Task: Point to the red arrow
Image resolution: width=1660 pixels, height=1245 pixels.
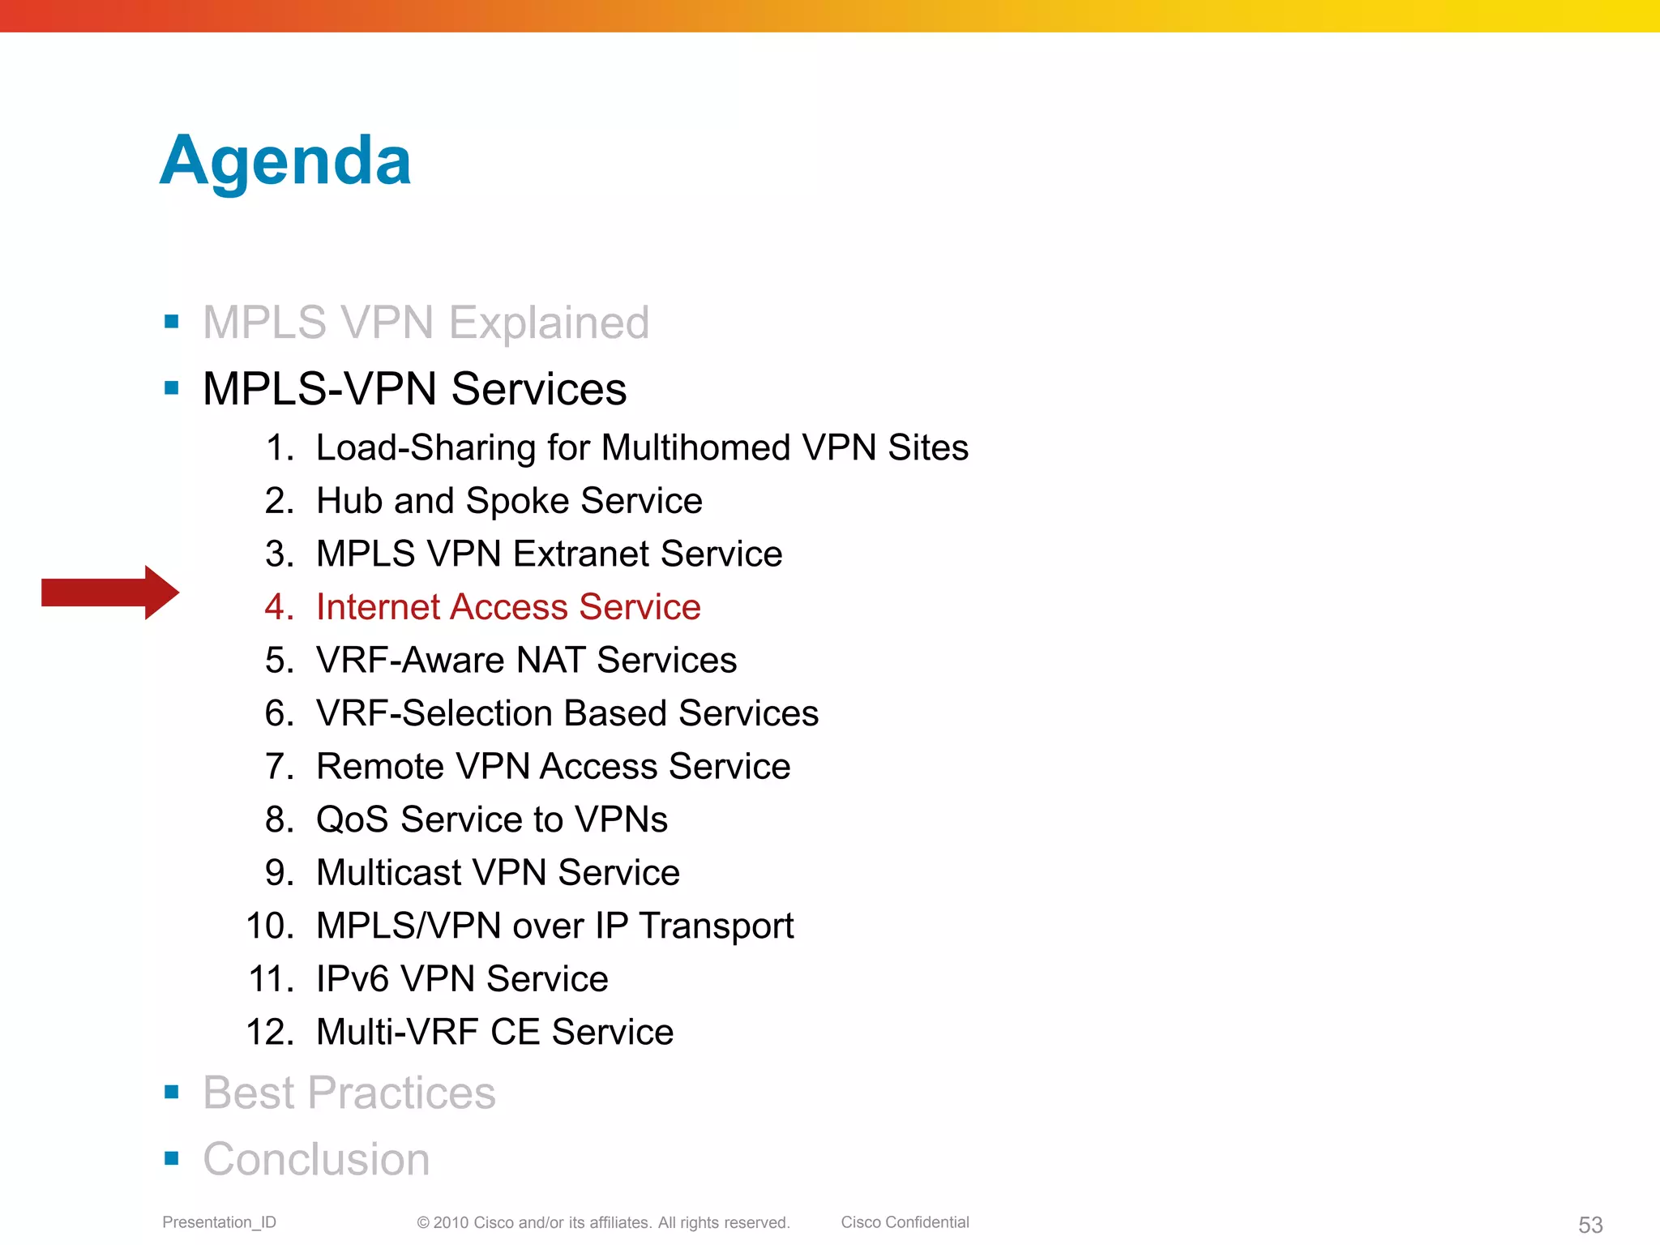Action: coord(109,593)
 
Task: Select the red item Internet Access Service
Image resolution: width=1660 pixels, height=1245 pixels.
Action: coord(507,607)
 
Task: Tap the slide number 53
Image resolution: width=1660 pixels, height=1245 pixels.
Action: coord(1590,1224)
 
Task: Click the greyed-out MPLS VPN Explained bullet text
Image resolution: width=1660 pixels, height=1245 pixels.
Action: coord(426,323)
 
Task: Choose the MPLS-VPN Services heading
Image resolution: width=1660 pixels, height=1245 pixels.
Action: coord(414,389)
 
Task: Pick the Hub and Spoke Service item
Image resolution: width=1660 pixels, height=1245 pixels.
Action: coord(508,501)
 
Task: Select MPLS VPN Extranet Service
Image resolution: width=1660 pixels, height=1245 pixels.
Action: coord(549,554)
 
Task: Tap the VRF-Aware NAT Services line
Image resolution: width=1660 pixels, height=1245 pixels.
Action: coord(526,661)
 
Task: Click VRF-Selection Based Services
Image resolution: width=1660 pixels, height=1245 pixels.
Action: coord(567,713)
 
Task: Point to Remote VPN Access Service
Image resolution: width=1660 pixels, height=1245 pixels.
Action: coord(553,767)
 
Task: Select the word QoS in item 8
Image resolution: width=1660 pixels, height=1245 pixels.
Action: coord(353,819)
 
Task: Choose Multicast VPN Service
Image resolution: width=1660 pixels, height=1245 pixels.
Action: coord(498,873)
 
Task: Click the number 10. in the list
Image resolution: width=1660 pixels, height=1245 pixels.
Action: coord(270,926)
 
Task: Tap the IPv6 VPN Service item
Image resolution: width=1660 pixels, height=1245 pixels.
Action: coord(462,979)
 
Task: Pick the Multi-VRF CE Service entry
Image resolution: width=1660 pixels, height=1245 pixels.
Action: coord(494,1033)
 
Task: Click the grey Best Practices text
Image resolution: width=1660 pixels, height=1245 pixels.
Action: coord(349,1093)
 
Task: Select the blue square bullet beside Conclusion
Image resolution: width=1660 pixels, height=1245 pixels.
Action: coord(172,1158)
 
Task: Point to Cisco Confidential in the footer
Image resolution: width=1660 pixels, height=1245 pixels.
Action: coord(905,1222)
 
